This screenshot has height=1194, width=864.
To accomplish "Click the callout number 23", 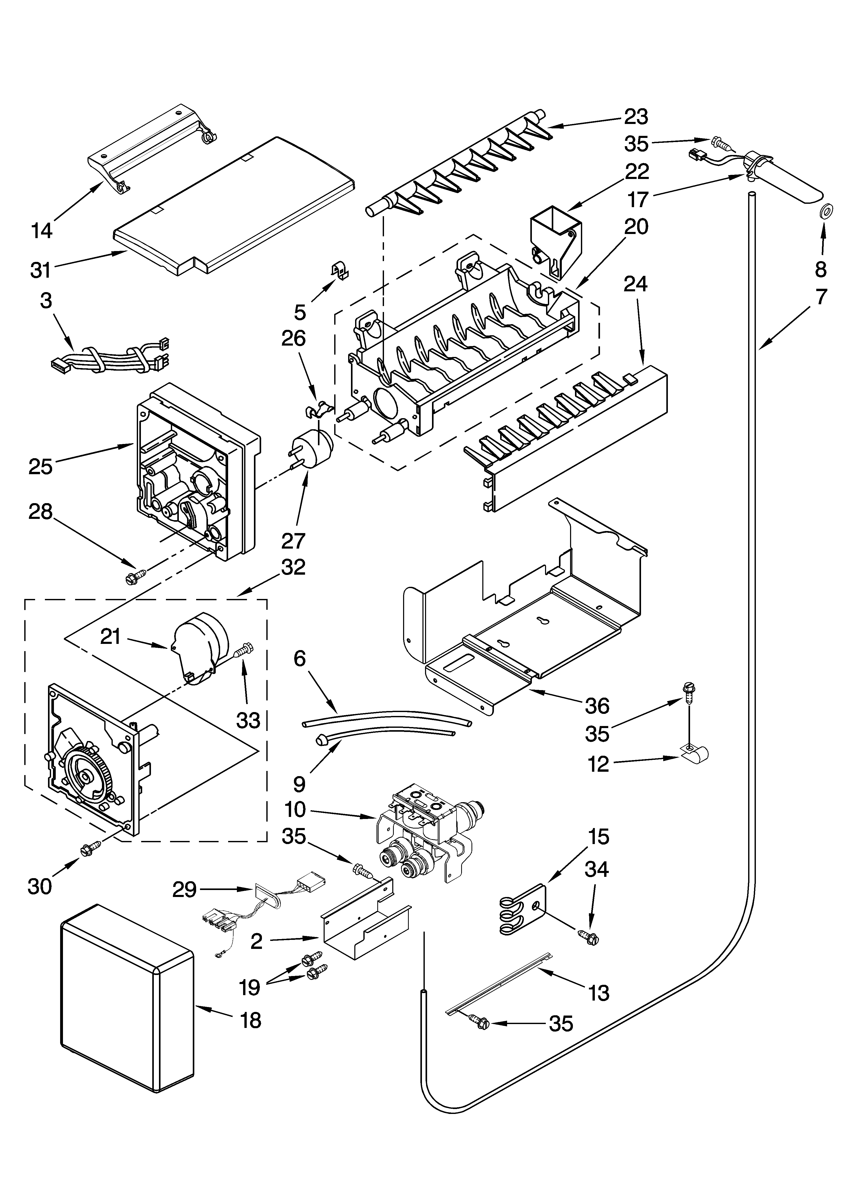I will (x=636, y=117).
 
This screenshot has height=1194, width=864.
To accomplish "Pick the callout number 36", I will (x=597, y=705).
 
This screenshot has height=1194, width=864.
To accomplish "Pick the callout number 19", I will (x=250, y=987).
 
